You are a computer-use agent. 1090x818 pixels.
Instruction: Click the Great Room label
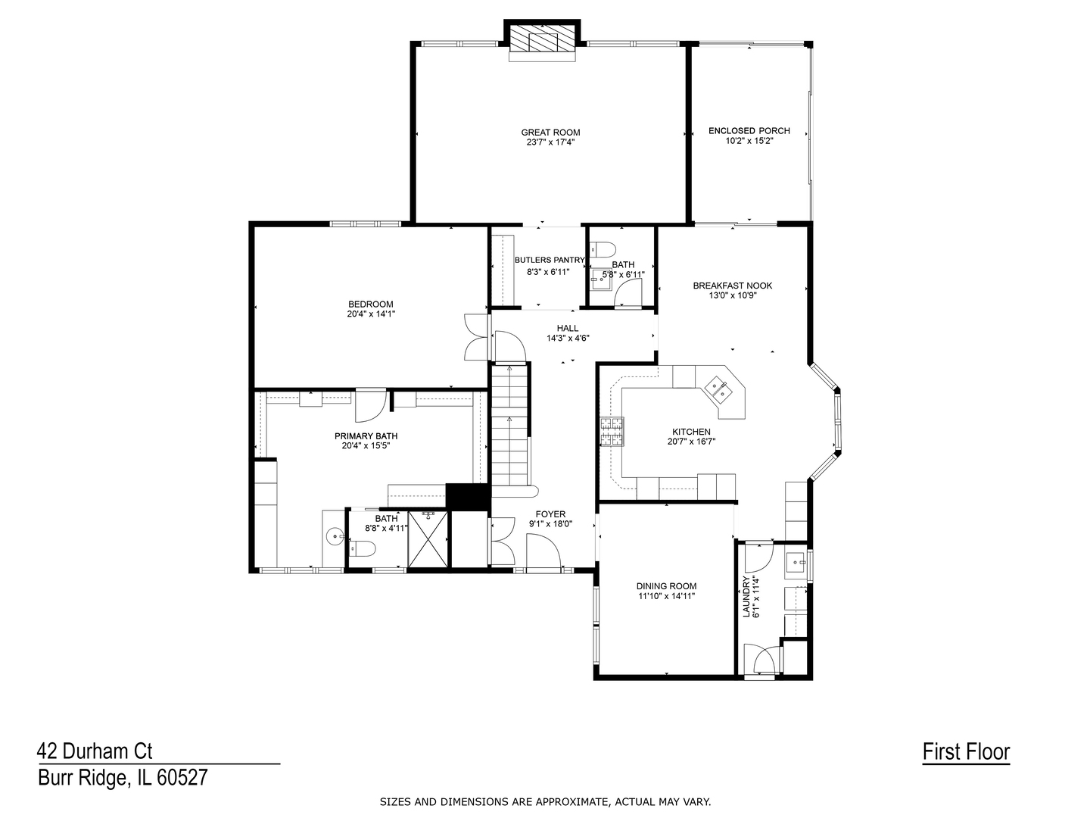coord(550,133)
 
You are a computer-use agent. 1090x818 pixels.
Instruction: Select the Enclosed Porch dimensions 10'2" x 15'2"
coord(749,141)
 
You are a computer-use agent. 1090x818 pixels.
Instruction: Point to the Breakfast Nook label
coord(733,286)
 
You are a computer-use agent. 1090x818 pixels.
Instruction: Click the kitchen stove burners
coord(612,431)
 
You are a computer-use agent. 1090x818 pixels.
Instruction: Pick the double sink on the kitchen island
coord(718,388)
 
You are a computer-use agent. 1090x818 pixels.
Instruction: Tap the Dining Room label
coord(666,586)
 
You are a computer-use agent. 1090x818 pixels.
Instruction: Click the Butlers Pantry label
coord(550,260)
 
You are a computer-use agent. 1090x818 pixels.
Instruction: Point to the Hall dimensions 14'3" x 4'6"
coord(568,339)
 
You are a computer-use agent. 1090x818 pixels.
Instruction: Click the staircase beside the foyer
coord(510,426)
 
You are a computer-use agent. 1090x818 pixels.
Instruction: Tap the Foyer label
coord(550,514)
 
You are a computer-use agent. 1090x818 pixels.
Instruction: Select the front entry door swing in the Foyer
coord(543,551)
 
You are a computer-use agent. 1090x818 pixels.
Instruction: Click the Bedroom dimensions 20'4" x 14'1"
coord(371,314)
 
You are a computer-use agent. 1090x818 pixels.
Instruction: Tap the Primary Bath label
coord(366,436)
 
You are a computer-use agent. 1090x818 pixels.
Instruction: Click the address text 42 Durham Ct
coord(95,751)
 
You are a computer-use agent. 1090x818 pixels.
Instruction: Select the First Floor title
coord(966,751)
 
